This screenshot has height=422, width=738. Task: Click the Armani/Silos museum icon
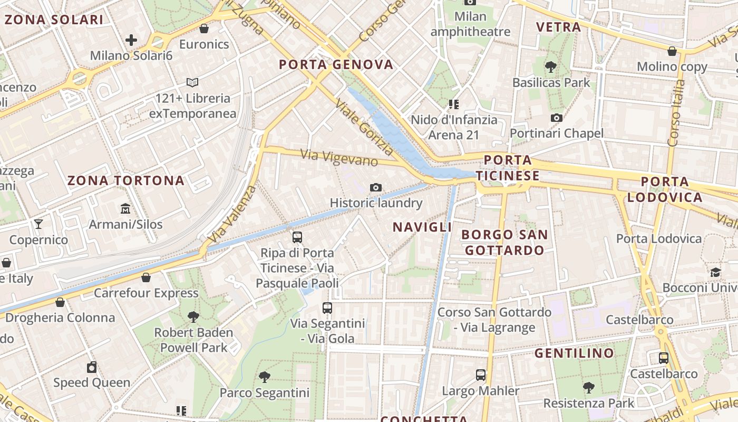[x=125, y=209]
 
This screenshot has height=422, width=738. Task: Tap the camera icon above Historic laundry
[x=376, y=187]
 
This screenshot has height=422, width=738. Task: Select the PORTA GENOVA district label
[x=336, y=65]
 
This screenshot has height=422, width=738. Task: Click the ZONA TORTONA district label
[x=126, y=180]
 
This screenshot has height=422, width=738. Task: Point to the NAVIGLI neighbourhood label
[x=422, y=227]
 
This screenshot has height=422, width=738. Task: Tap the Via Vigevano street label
[x=339, y=158]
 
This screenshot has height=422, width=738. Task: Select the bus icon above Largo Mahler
[x=481, y=375]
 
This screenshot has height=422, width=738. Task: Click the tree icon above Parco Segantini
[x=265, y=377]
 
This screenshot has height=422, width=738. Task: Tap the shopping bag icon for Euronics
[x=204, y=28]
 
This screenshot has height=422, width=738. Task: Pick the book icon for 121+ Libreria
[x=192, y=82]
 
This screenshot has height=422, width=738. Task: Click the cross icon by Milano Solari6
[x=131, y=40]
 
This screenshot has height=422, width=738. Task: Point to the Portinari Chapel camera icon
[x=557, y=118]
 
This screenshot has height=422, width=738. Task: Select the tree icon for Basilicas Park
[x=551, y=67]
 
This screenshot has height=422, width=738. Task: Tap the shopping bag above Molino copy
[x=672, y=51]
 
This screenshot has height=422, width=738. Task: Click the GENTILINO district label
[x=575, y=353]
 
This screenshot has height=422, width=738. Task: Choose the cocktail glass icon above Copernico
[x=38, y=224]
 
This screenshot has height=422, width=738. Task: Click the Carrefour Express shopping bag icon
[x=146, y=277]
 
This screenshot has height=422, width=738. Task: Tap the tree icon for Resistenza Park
[x=589, y=388]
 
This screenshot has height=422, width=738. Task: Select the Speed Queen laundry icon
[x=92, y=367]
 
